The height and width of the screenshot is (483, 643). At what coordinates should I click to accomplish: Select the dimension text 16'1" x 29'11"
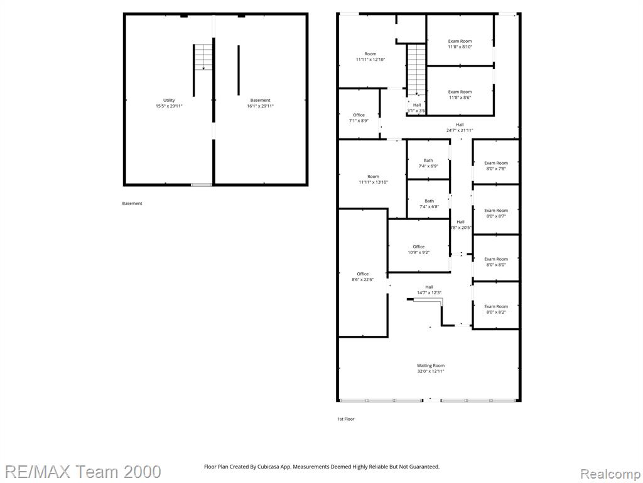click(261, 106)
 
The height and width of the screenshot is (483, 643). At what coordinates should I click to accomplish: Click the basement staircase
click(203, 57)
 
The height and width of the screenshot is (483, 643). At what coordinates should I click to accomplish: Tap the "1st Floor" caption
click(346, 419)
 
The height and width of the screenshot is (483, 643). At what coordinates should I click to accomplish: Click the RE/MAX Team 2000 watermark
click(83, 472)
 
